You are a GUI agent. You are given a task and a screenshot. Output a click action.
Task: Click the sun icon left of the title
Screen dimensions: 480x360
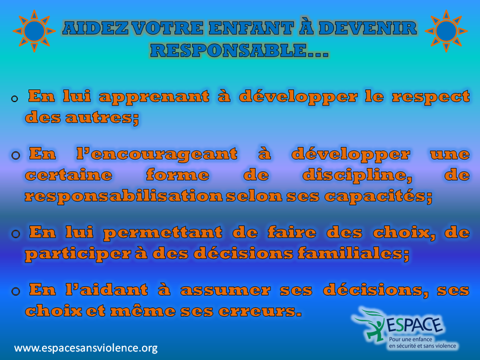tap(34, 31)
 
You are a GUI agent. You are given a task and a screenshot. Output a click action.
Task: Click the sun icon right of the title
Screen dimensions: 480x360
tap(446, 31)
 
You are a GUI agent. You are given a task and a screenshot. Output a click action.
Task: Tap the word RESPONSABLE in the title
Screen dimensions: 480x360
tap(228, 50)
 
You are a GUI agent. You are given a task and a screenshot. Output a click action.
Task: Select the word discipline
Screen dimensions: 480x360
tap(357, 175)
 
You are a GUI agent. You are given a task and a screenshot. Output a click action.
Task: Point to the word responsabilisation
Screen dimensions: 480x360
tap(123, 196)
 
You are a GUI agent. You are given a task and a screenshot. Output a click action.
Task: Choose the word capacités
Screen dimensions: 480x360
tap(378, 196)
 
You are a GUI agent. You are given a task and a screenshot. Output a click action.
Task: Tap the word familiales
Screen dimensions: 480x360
tap(353, 253)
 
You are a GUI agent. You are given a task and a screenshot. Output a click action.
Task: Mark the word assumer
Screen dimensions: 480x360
tap(225, 290)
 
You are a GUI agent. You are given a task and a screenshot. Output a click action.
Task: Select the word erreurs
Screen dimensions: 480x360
tap(260, 311)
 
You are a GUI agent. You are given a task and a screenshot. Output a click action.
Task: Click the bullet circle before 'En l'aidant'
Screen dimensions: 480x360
tap(15, 291)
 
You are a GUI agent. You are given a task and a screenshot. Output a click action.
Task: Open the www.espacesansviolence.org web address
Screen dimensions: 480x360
tap(86, 348)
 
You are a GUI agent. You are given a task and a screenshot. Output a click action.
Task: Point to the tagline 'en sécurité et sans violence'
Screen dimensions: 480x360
tap(422, 346)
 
